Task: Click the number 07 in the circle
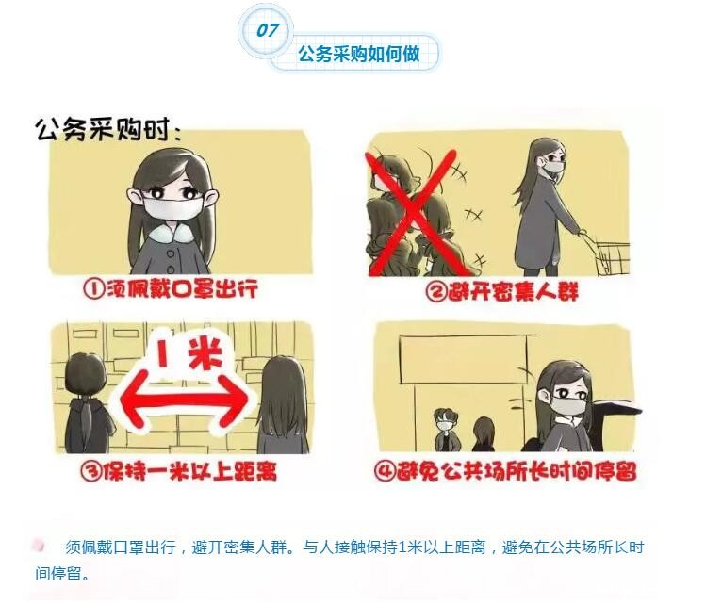[267, 30]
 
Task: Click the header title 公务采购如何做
[359, 54]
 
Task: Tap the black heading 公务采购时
[108, 129]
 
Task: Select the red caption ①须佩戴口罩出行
[170, 289]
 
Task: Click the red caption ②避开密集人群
[501, 291]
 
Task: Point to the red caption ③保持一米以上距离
[179, 470]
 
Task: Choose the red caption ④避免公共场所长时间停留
[505, 470]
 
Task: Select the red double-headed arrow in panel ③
[185, 400]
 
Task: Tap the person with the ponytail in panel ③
[88, 403]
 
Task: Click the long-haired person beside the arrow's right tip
[282, 405]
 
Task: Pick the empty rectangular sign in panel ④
[464, 360]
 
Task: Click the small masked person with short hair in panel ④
[446, 430]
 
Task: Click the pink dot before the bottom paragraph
[39, 546]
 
